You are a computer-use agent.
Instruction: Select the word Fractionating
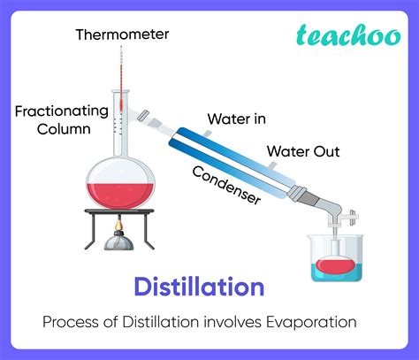pos(61,111)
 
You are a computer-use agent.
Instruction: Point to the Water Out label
pos(303,151)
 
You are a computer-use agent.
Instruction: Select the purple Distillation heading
pos(199,287)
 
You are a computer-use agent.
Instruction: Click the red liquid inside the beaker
pos(337,264)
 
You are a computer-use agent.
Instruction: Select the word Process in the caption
pos(71,322)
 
